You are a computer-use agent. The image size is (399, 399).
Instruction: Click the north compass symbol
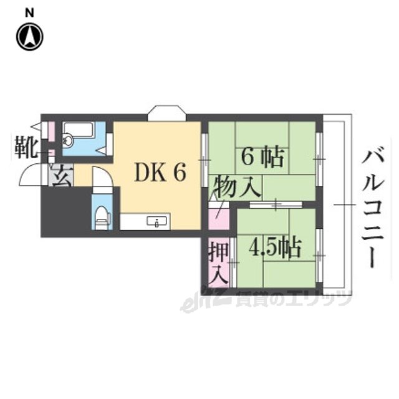coord(29,36)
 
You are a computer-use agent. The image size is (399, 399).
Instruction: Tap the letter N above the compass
coord(29,11)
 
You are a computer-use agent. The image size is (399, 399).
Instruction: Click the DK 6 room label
coord(160,173)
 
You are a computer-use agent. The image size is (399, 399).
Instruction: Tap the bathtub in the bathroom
coord(78,132)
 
